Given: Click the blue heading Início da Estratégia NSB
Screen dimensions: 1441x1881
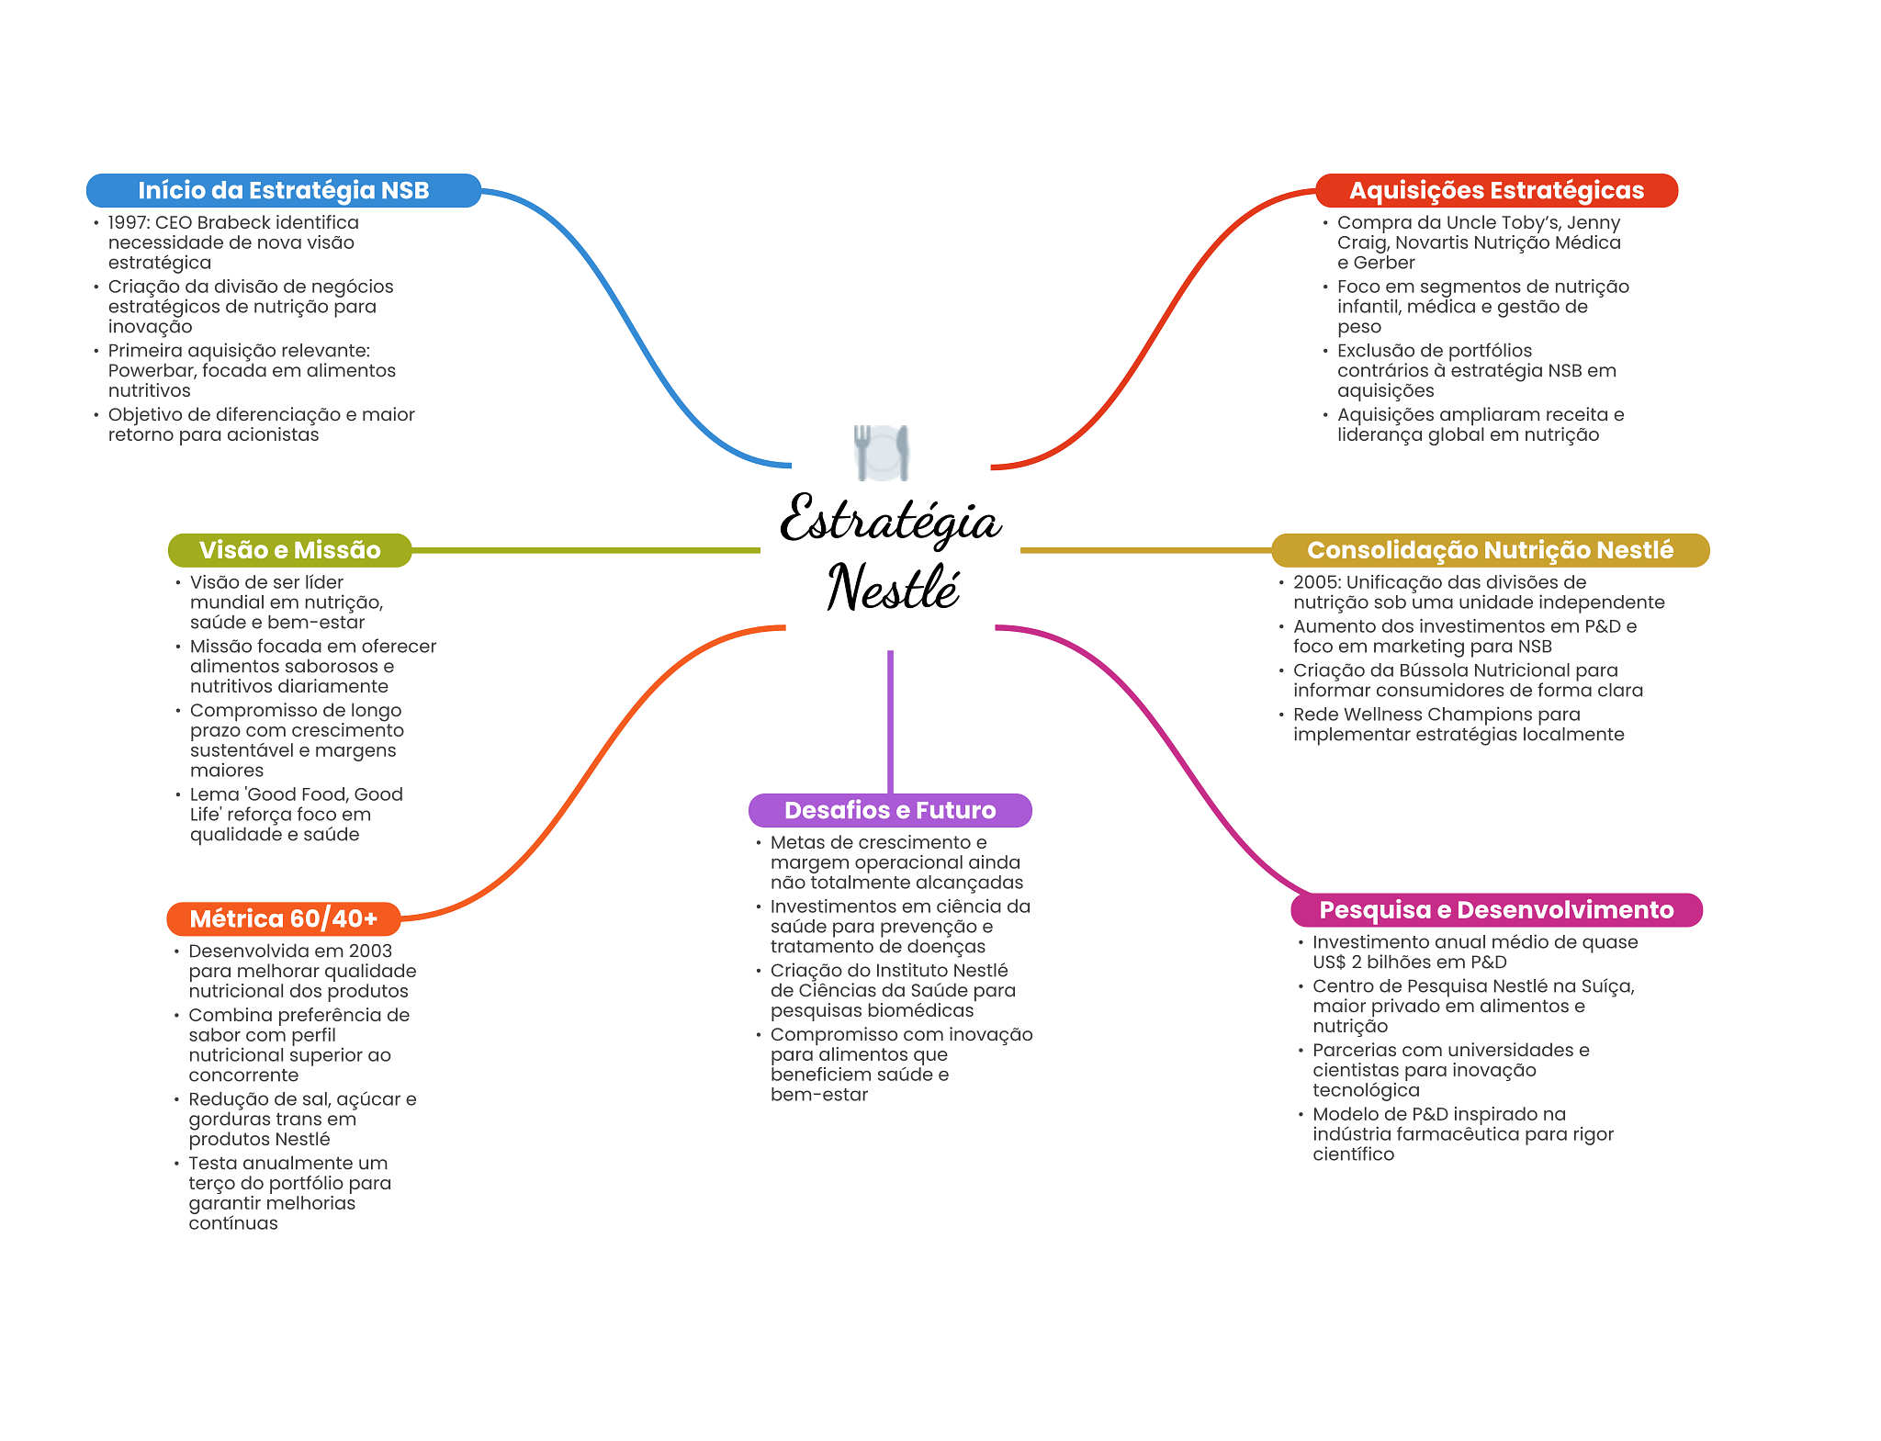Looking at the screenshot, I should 283,190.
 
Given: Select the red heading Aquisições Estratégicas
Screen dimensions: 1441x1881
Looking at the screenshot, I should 1496,190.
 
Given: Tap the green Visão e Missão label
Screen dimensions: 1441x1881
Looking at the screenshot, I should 289,550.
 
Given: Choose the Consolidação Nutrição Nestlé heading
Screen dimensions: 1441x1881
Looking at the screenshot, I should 1490,550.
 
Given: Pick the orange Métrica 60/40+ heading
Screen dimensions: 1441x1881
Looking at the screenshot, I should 283,918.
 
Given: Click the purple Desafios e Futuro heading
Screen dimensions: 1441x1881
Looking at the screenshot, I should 889,810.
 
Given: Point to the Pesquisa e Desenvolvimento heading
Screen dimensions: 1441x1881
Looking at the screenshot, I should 1496,909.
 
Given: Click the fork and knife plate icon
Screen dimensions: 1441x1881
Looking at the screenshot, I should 882,452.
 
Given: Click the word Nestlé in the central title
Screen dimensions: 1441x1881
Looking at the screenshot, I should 893,588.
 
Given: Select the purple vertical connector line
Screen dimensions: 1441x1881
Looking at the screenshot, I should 890,721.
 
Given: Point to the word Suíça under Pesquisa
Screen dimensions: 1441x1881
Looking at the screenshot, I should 1606,986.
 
